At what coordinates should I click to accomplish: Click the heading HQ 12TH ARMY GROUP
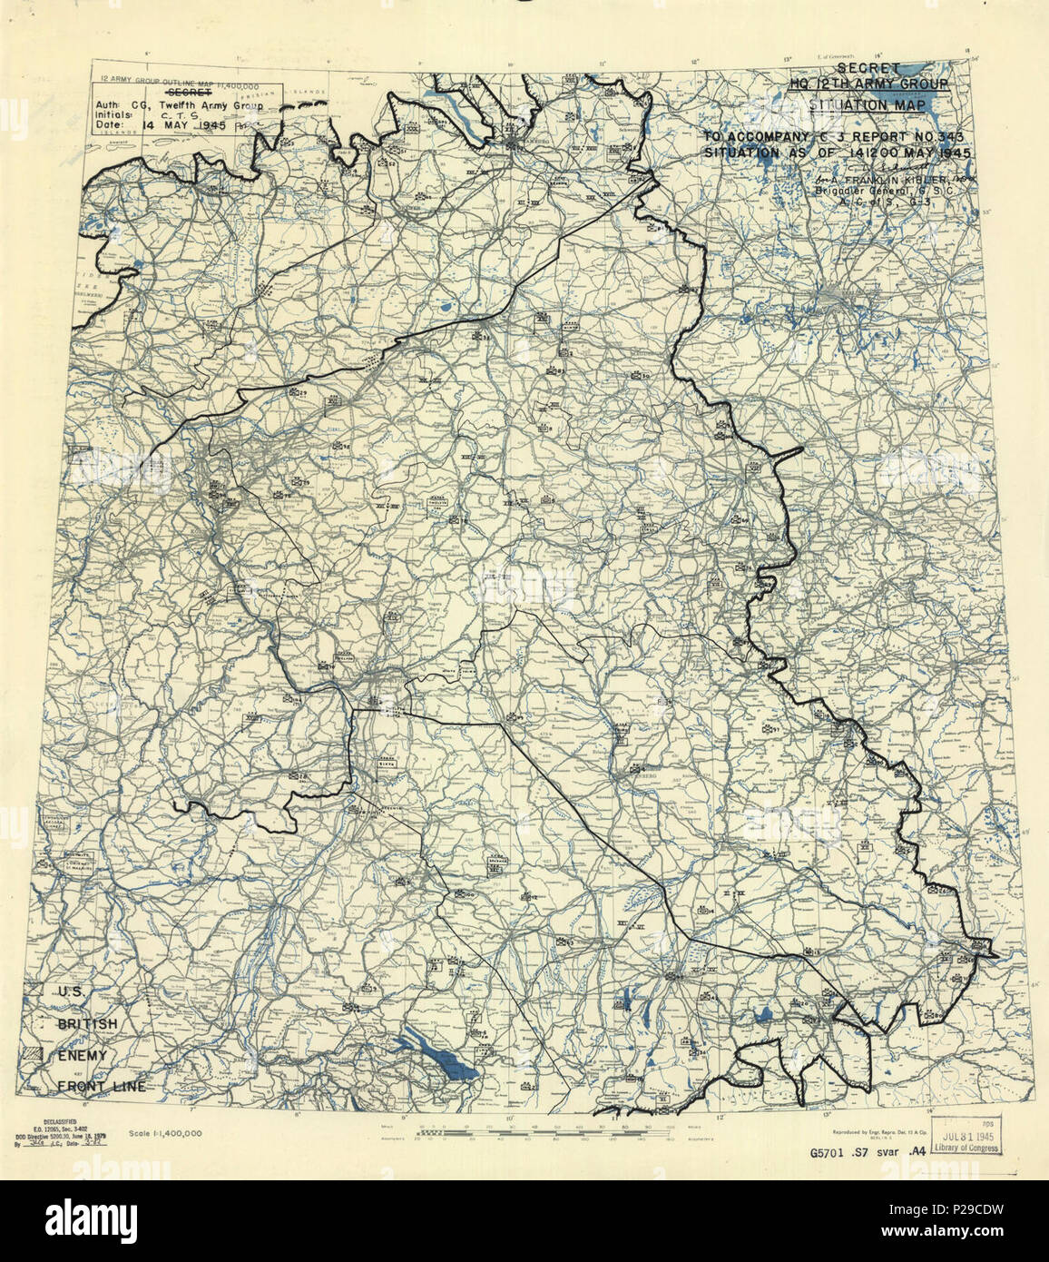868,84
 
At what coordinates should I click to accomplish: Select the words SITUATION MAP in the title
868,104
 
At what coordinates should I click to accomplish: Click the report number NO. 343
942,136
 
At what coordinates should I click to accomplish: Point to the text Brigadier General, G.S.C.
876,191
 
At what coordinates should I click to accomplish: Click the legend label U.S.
71,992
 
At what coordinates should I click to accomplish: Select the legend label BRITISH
87,1024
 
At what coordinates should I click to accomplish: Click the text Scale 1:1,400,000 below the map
165,1133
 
